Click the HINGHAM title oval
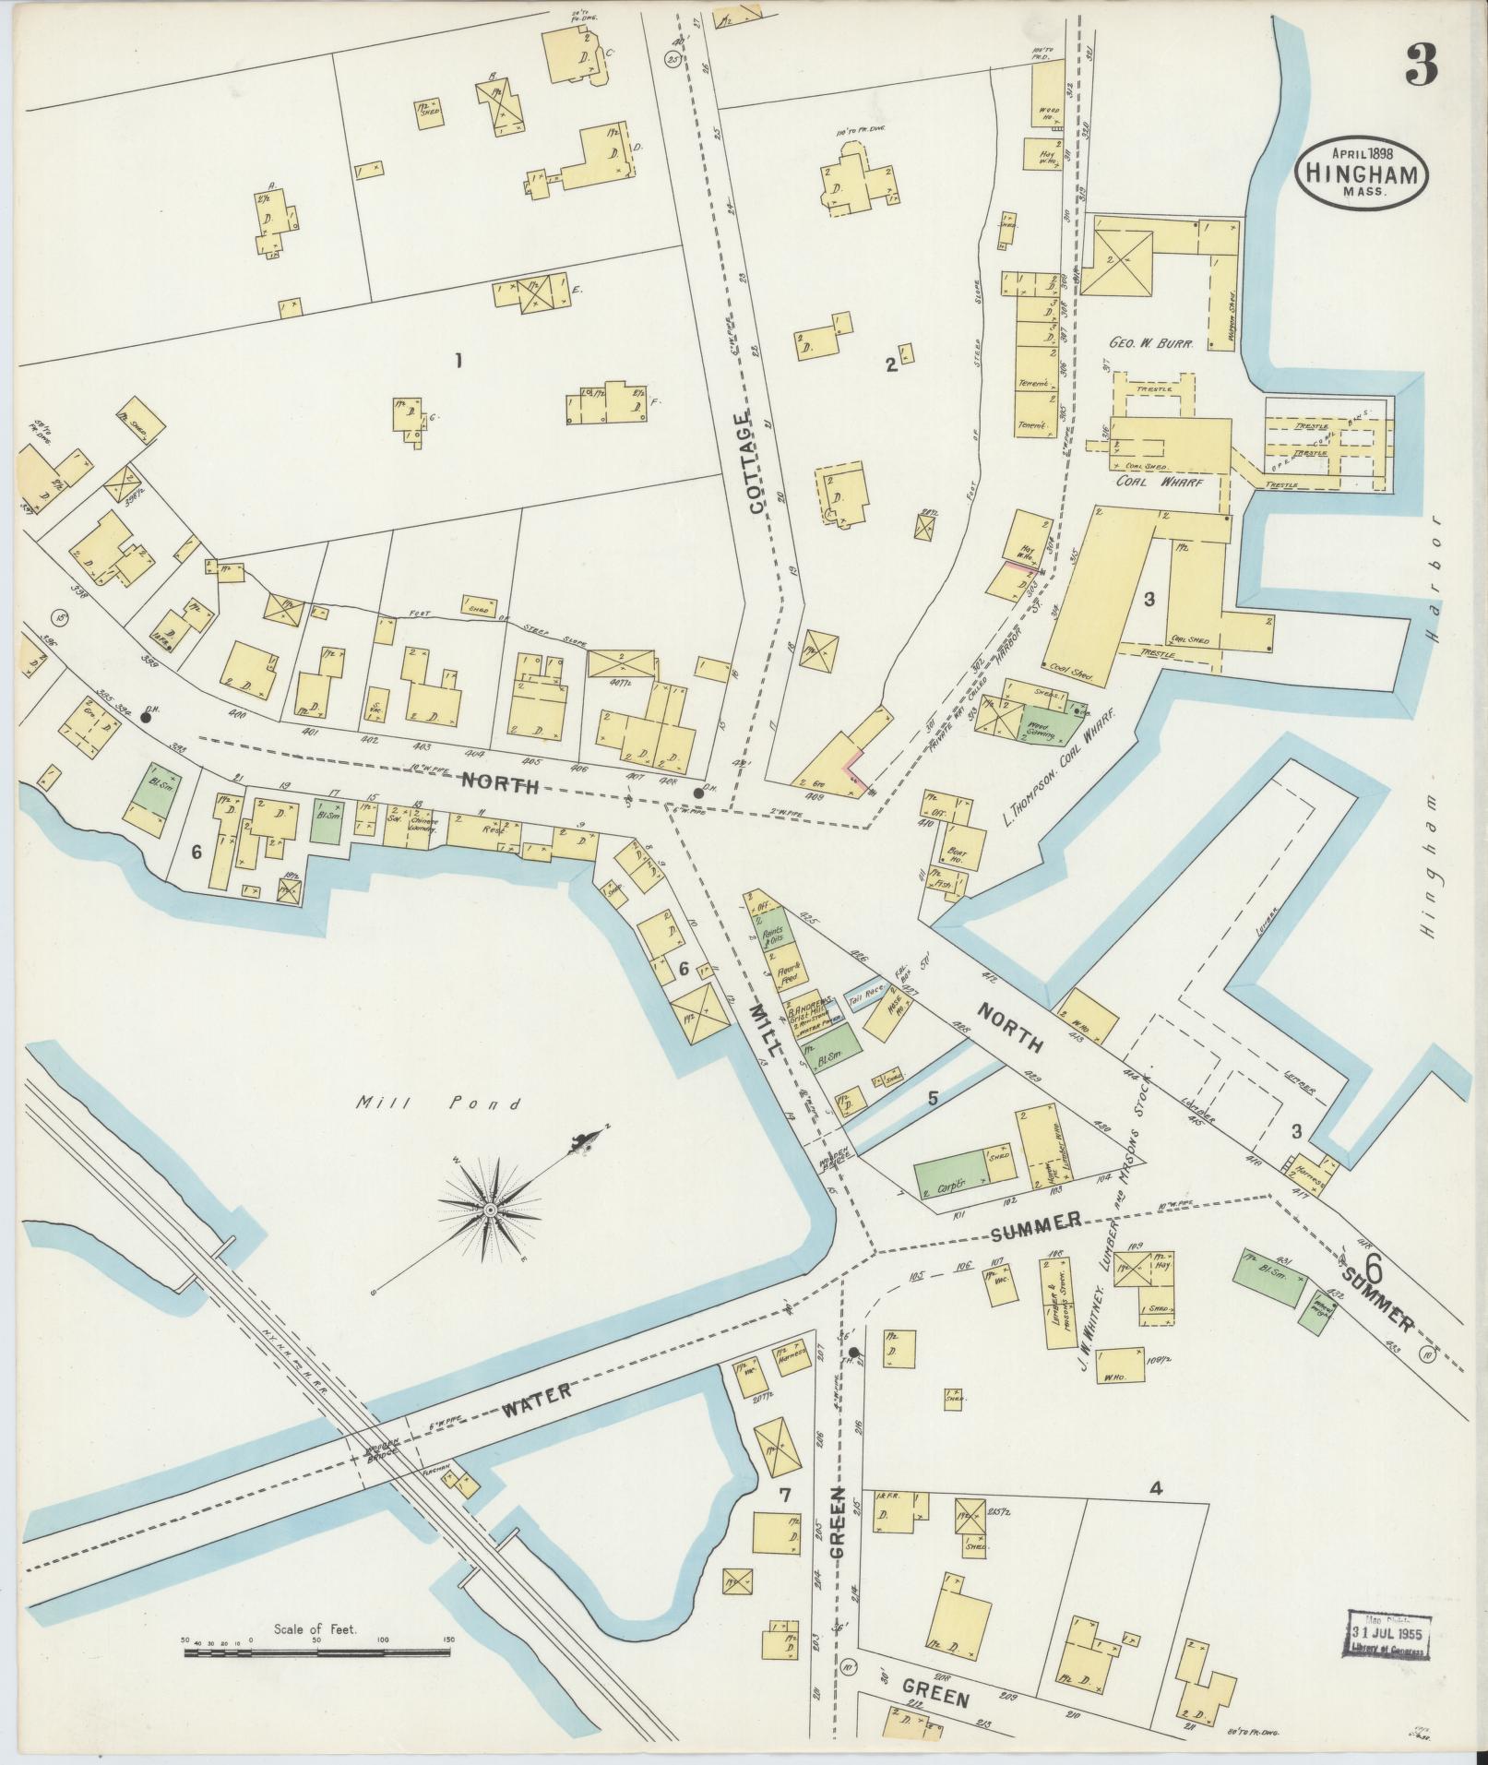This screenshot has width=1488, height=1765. (x=1362, y=173)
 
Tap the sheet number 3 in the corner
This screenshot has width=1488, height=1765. (x=1422, y=66)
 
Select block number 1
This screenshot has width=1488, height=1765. (x=458, y=361)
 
